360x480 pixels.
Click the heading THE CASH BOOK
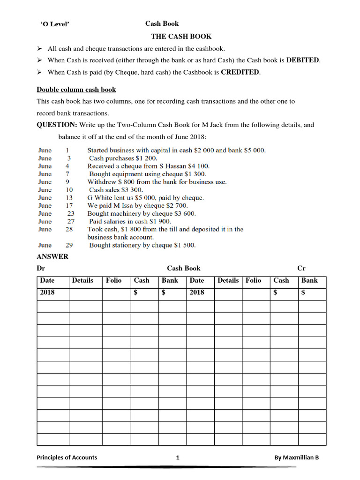coord(181,36)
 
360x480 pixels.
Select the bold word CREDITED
coord(240,72)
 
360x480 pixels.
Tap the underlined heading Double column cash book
coord(76,90)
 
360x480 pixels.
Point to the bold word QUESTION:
coord(57,125)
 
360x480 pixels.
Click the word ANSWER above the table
coord(52,256)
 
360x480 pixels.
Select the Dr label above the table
coord(41,268)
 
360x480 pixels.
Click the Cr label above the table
coord(301,268)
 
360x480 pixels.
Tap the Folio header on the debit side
coord(113,280)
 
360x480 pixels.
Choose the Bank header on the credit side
coord(309,280)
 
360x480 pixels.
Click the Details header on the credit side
coord(228,280)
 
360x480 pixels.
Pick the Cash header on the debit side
coord(142,280)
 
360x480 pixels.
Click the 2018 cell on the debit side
coord(47,292)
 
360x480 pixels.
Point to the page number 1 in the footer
coord(178,457)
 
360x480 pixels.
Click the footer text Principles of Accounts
coord(67,457)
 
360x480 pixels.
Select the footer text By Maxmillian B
coord(296,457)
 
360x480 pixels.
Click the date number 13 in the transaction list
coord(69,197)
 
